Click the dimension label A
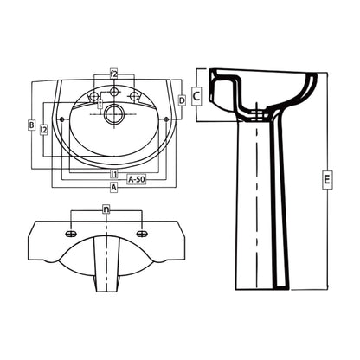tap(113, 186)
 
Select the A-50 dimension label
tap(137, 178)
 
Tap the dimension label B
tap(31, 126)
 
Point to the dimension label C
tap(196, 95)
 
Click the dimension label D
tap(181, 100)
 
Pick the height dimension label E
tap(326, 180)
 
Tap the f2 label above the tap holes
tap(113, 74)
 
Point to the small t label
tap(100, 104)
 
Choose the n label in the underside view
tap(106, 209)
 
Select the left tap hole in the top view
tap(93, 94)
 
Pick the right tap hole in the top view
tap(134, 94)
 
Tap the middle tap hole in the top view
tap(113, 91)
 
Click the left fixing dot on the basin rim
tap(67, 118)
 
